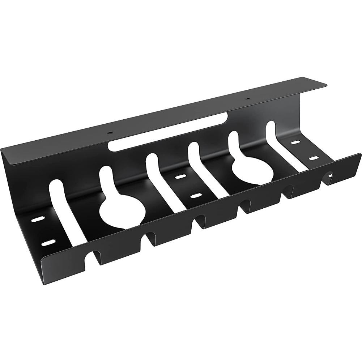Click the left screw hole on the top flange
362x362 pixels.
point(110,133)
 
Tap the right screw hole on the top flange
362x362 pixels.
point(247,99)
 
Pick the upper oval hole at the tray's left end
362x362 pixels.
point(37,220)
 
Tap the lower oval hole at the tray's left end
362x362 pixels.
point(47,243)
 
